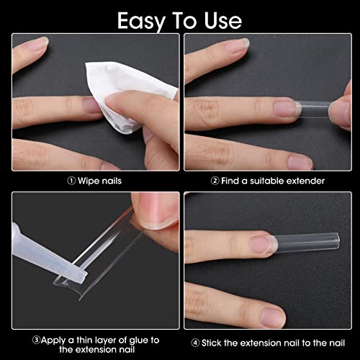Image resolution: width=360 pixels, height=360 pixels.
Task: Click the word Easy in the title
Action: tap(141, 22)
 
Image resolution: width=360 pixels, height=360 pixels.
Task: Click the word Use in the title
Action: tap(222, 21)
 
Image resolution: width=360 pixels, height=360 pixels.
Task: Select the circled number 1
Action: tap(71, 181)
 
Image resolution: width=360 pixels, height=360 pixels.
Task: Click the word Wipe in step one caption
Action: tap(87, 181)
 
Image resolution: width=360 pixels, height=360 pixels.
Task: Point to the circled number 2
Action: tap(215, 181)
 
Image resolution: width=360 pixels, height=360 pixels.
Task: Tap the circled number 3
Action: tap(37, 340)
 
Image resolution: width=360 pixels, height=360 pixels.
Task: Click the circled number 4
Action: tap(195, 343)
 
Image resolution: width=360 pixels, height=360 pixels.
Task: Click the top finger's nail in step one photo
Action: tap(38, 44)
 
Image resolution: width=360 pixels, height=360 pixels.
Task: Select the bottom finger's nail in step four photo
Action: tap(273, 318)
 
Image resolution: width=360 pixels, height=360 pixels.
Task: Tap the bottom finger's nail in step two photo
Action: tap(300, 162)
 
